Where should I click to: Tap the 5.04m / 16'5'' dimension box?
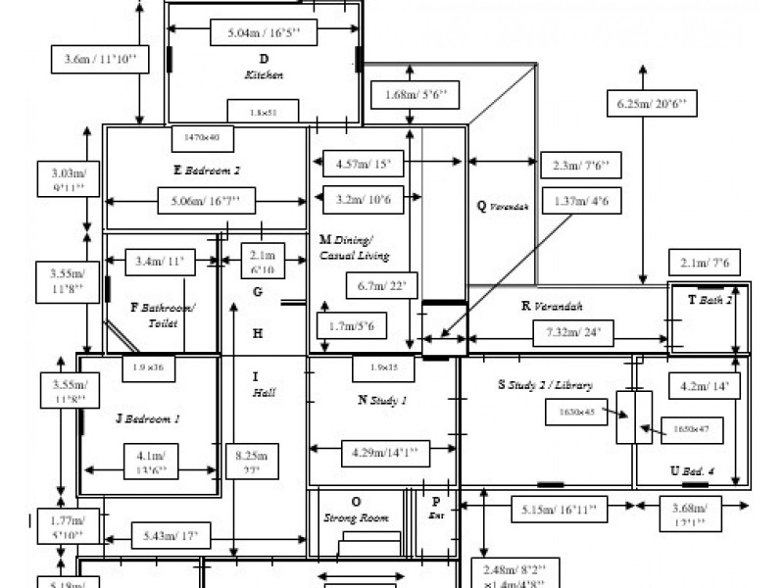pyautogui.click(x=264, y=32)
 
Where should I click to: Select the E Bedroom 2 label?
pyautogui.click(x=207, y=170)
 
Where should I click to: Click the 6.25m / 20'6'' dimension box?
pyautogui.click(x=651, y=103)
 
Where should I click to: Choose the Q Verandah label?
pyautogui.click(x=503, y=206)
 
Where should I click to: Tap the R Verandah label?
pyautogui.click(x=552, y=306)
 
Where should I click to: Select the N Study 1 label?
pyautogui.click(x=382, y=400)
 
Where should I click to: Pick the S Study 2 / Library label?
pyautogui.click(x=545, y=385)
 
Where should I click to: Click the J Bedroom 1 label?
pyautogui.click(x=148, y=418)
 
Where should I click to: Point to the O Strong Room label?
pyautogui.click(x=356, y=510)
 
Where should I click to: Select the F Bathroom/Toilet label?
pyautogui.click(x=163, y=315)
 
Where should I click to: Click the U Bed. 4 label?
pyautogui.click(x=692, y=471)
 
